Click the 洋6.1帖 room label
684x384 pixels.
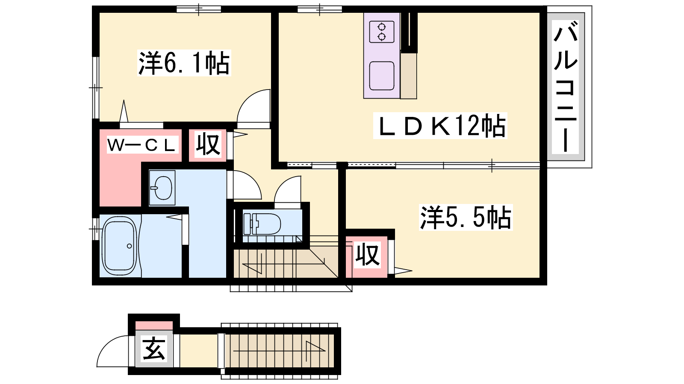tap(184, 63)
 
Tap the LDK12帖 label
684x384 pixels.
tap(440, 125)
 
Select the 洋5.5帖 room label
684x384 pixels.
tap(466, 218)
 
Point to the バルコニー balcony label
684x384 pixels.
tap(565, 87)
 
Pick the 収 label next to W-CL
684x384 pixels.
tap(208, 145)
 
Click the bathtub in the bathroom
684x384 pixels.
tap(120, 246)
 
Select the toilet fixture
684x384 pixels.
tap(262, 224)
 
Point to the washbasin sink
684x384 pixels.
tap(162, 187)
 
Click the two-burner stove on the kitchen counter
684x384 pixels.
tap(382, 32)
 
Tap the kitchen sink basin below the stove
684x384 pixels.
tap(382, 76)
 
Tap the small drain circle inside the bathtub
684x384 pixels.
tap(130, 246)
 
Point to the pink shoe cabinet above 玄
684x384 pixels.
tap(154, 325)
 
